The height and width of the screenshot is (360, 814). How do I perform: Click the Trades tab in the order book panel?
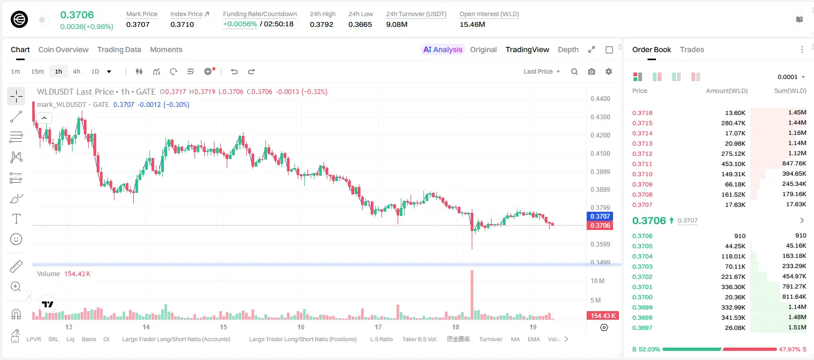[x=692, y=49]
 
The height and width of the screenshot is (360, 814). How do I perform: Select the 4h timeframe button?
[x=76, y=71]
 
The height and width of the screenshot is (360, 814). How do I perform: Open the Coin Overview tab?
[x=63, y=49]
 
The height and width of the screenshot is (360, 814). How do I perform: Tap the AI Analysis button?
[x=443, y=49]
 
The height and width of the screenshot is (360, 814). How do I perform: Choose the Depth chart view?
[x=568, y=49]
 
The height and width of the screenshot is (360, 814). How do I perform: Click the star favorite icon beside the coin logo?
[x=42, y=19]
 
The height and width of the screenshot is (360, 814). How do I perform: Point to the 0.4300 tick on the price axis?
[x=600, y=117]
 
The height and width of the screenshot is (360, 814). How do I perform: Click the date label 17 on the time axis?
[x=378, y=327]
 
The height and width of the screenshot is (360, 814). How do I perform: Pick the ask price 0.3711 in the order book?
[x=642, y=164]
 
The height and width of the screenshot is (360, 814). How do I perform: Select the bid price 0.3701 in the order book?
[x=642, y=286]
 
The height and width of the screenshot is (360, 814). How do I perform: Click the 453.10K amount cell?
[x=733, y=164]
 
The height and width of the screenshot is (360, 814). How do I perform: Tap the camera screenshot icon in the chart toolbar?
[x=592, y=71]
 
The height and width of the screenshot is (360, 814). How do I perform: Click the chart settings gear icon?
[x=609, y=71]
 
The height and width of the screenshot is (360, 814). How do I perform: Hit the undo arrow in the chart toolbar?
[x=234, y=71]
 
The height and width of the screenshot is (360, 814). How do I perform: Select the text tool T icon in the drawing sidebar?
[x=16, y=219]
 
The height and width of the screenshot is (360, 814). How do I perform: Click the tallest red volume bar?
[x=472, y=295]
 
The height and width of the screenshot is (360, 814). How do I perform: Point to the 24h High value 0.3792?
[x=321, y=24]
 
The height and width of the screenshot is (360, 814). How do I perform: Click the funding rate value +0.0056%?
[x=240, y=24]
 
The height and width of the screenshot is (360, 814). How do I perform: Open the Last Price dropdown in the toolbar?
[x=542, y=71]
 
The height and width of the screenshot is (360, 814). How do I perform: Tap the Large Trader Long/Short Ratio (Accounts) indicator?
[x=176, y=339]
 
